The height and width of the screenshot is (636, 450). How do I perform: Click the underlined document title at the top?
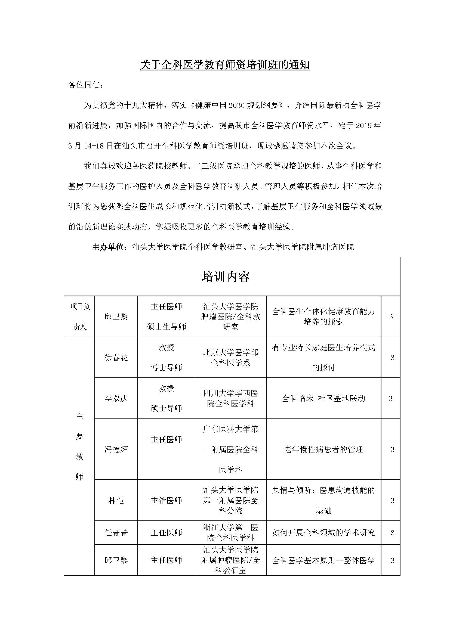click(x=225, y=65)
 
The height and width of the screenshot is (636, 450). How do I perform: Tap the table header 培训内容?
click(x=226, y=277)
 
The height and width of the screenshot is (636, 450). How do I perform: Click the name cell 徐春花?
click(x=116, y=358)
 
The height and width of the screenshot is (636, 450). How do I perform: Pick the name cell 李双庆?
click(x=116, y=398)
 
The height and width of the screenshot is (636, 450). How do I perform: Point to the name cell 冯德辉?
click(x=116, y=449)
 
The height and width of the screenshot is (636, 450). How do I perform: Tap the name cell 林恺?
click(x=116, y=501)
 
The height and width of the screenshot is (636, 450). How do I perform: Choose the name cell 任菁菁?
click(x=116, y=532)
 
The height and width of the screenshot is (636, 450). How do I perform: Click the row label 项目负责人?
click(x=80, y=317)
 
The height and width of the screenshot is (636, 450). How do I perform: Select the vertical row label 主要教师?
click(x=79, y=449)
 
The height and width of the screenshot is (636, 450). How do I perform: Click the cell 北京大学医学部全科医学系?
click(x=230, y=358)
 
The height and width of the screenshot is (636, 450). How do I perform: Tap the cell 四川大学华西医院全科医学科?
click(x=230, y=398)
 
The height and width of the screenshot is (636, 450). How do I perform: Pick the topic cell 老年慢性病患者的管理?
click(x=323, y=449)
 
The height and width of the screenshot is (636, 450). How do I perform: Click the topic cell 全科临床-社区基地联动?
click(x=323, y=398)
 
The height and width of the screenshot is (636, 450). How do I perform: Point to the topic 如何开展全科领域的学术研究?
click(x=323, y=532)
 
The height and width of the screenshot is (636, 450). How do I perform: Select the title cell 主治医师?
click(x=166, y=501)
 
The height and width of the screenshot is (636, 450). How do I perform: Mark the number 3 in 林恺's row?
click(x=392, y=501)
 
